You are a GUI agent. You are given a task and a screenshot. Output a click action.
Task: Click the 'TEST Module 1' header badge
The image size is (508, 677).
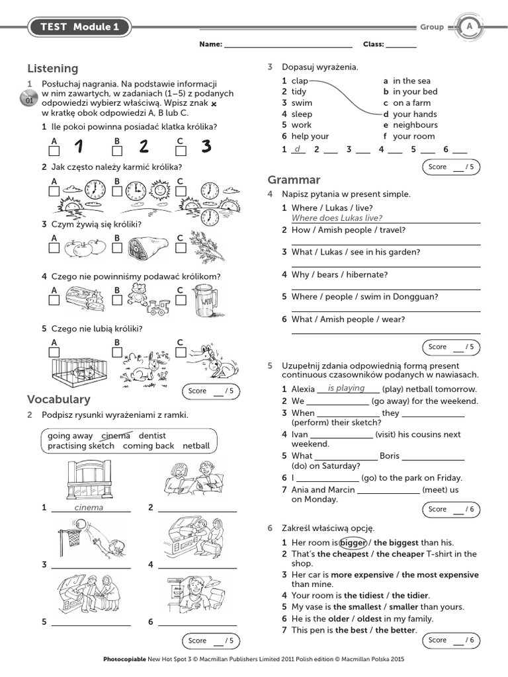79,27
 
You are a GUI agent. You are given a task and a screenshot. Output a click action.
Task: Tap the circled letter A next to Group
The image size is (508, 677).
470,26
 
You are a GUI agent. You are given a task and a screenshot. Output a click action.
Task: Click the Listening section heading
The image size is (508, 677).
53,69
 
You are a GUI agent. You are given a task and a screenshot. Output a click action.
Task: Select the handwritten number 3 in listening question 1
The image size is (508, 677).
206,146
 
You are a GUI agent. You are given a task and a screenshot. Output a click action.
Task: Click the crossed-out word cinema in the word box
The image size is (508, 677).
116,436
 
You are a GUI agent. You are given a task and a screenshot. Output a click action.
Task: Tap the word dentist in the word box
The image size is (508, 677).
152,436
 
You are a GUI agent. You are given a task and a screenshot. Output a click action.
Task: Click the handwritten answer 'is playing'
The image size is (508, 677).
346,389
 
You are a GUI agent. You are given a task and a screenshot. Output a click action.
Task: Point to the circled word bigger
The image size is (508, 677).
353,542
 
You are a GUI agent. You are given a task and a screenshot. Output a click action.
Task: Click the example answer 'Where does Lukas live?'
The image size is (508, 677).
337,218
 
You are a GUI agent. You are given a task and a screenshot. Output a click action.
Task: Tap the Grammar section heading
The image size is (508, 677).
294,180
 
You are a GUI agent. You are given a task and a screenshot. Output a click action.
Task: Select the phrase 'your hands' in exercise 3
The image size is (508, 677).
415,114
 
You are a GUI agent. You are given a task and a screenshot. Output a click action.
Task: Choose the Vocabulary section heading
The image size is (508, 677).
59,399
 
